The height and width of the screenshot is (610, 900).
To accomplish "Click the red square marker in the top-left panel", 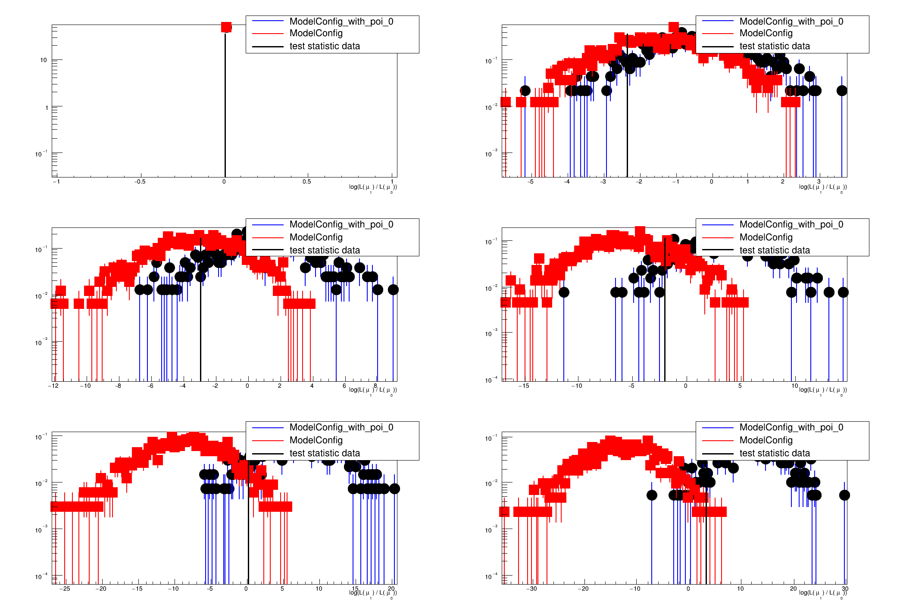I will coord(226,27).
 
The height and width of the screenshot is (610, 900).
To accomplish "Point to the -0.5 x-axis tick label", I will coord(140,182).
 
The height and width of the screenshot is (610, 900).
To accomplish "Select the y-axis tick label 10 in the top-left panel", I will coord(44,60).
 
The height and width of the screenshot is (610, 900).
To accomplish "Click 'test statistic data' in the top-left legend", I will coord(324,46).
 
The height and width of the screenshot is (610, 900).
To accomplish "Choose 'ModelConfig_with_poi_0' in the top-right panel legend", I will coord(791,22).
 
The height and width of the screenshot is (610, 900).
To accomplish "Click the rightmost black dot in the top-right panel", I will coord(842,90).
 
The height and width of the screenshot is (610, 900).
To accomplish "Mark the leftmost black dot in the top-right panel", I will coord(525,90).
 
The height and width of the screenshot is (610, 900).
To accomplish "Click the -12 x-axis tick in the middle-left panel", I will coord(53,386).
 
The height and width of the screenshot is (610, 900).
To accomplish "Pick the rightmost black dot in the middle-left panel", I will coord(393,289).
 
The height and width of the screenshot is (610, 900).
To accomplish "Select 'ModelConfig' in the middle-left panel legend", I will coord(316,237).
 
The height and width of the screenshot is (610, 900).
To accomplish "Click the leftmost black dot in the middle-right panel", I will coord(564,292).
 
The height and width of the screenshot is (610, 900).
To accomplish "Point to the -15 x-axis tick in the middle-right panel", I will coord(523,386).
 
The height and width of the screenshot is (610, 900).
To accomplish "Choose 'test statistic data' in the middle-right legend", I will coord(774,250).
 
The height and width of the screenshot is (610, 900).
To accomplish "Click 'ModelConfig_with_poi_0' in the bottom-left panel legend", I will coord(341,427).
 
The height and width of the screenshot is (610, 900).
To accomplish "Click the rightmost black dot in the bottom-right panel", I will coord(844,495).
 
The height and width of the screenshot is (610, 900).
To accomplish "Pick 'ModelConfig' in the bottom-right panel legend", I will coord(766,440).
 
